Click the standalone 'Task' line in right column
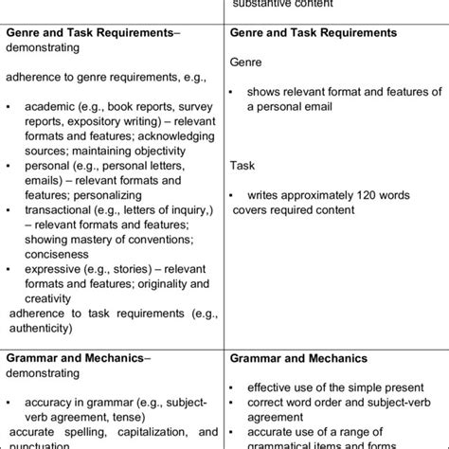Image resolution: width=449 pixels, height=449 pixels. (x=242, y=166)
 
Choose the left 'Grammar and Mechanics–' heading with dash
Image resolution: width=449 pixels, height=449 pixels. (x=77, y=358)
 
